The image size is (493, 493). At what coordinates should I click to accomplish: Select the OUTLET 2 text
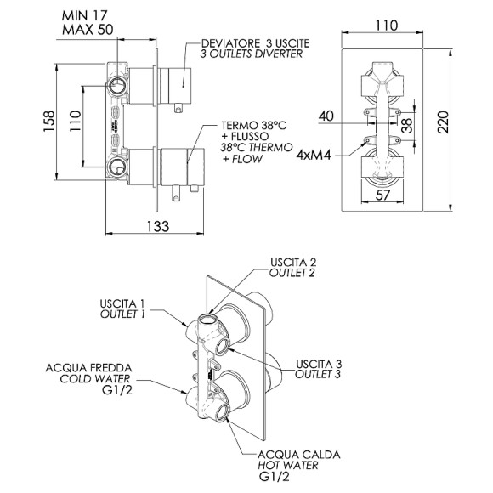coord(292,274)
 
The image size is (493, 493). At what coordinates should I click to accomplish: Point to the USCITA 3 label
coord(318,364)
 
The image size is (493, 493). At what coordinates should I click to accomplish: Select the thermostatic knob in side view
coord(182,164)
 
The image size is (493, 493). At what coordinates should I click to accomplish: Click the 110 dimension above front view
coord(384,25)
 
